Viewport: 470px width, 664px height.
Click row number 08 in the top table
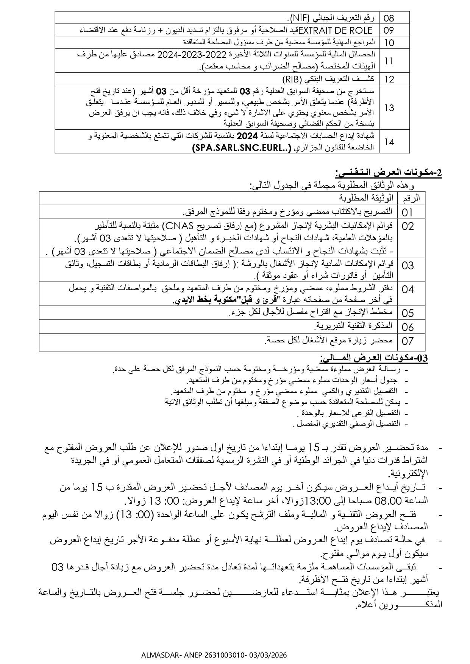coord(389,18)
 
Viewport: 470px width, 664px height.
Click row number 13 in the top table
coord(389,108)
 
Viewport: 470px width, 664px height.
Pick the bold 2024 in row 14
coord(250,136)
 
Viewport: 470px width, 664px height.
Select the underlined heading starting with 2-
coord(388,173)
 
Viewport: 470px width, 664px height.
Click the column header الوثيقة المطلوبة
coord(365,198)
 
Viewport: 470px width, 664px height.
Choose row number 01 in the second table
coord(408,212)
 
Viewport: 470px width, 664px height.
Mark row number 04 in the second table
coord(408,290)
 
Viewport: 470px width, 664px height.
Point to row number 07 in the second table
coord(408,341)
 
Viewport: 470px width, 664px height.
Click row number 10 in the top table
coord(389,42)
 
